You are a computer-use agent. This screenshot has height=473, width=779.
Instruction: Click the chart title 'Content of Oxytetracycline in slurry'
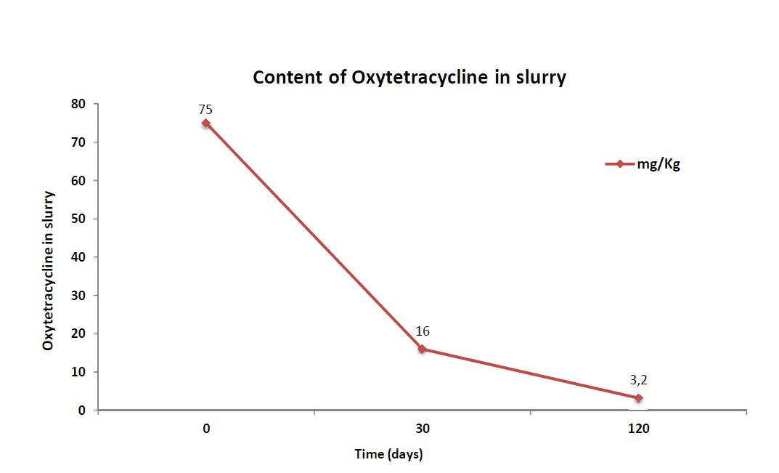point(409,78)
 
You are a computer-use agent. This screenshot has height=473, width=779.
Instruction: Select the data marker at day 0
point(206,124)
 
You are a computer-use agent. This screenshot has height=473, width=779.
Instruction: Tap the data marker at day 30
point(422,349)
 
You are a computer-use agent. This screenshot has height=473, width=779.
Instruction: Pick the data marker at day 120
point(638,398)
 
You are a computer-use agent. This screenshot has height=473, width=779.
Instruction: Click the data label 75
point(205,110)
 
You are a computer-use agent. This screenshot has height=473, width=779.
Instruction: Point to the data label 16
point(423,331)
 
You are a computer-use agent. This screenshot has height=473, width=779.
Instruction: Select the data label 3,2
point(638,380)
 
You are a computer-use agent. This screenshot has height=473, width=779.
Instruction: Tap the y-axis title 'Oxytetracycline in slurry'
point(48,270)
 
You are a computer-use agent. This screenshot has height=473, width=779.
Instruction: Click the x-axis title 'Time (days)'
point(388,454)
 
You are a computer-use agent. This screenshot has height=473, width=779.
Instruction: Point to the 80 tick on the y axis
point(79,104)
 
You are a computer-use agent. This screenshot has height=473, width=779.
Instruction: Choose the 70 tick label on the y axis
point(79,142)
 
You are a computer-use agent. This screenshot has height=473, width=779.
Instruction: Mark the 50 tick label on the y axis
point(79,219)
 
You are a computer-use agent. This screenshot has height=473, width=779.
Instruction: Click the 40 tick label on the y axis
point(79,257)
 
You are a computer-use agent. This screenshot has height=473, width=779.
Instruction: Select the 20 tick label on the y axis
point(79,333)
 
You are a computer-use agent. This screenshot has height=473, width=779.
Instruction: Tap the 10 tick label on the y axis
point(79,372)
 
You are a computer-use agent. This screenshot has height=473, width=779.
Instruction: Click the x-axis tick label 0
point(207,429)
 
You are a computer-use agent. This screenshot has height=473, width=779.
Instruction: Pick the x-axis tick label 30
point(423,429)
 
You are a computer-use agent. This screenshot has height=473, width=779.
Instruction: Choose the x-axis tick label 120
point(639,429)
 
